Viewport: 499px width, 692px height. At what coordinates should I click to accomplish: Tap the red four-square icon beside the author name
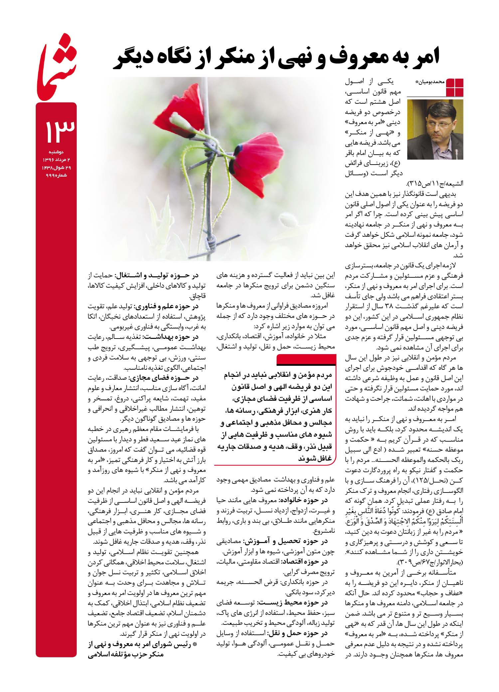pos(455,87)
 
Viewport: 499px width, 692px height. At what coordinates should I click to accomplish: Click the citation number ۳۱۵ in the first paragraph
pos(416,183)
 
